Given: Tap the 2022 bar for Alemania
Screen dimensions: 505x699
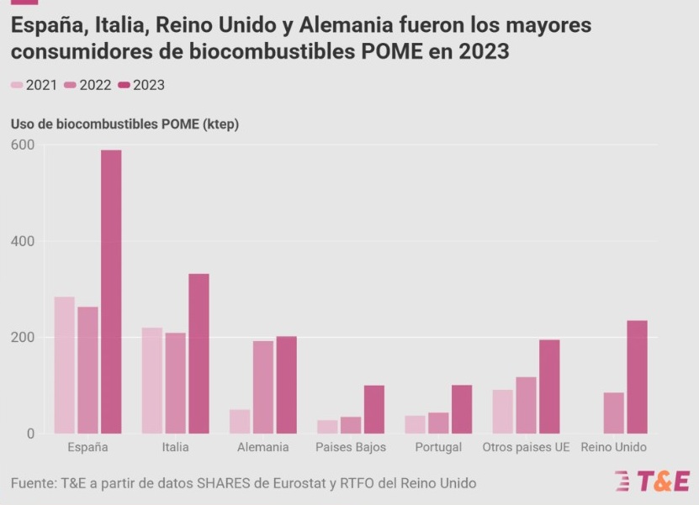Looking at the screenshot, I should pos(263,387).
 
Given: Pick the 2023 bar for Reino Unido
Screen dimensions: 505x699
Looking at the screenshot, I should pos(637,377).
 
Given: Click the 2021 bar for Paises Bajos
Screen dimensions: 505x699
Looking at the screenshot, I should pos(327,427).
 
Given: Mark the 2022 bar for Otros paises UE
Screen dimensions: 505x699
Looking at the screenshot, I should pos(526,405).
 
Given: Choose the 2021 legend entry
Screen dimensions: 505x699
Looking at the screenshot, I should pos(34,85).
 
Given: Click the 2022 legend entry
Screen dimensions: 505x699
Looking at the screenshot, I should pos(88,85).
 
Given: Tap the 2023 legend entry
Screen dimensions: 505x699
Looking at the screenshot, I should pos(142,85).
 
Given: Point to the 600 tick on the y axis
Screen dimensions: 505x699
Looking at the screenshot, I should pos(22,145).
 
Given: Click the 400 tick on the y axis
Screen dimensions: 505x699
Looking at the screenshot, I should pos(22,241).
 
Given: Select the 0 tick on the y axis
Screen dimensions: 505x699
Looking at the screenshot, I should pos(29,434).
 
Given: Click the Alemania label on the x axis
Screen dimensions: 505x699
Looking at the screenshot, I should pos(263,447).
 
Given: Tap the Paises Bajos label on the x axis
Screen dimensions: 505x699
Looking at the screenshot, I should pos(351,447).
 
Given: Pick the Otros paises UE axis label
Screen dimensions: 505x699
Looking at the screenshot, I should pos(526,447).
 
